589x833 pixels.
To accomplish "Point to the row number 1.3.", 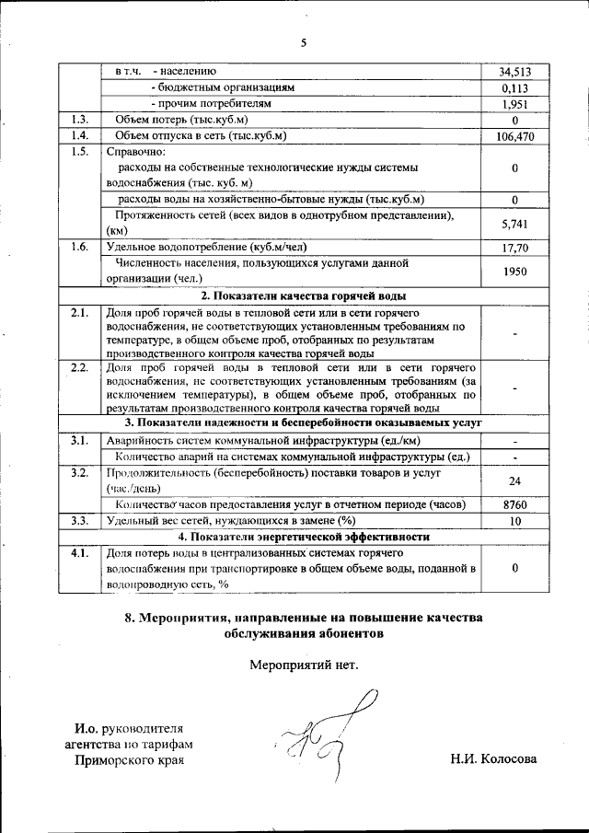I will (x=80, y=121).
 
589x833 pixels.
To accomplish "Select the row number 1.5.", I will (x=80, y=152).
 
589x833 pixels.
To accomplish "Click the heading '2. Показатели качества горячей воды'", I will (x=305, y=296).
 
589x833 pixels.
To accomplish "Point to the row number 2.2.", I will (x=80, y=367).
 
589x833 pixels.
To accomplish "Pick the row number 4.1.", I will (x=80, y=553).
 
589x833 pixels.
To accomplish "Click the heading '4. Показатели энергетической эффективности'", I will (x=305, y=537).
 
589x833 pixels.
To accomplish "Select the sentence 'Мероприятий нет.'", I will (x=303, y=665).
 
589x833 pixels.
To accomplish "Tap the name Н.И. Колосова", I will (x=492, y=759).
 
